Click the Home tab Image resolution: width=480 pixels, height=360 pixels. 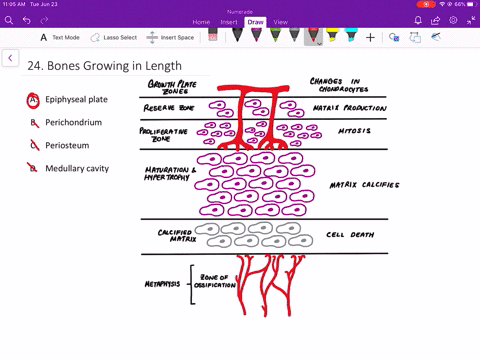click(x=201, y=21)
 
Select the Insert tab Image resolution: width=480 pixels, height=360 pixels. click(x=228, y=21)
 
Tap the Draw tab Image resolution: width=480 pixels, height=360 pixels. click(x=255, y=21)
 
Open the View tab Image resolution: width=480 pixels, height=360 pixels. click(x=281, y=21)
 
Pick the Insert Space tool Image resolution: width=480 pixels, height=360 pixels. click(x=172, y=38)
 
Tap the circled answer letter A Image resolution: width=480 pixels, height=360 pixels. click(x=34, y=100)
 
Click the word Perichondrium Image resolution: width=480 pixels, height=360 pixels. click(x=73, y=123)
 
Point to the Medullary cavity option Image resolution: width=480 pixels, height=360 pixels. click(x=77, y=169)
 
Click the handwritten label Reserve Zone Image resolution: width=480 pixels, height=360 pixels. click(x=168, y=106)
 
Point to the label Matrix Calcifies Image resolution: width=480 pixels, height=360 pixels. click(x=364, y=185)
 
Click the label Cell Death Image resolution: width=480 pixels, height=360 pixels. click(x=349, y=235)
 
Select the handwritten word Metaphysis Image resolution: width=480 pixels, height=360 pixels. click(x=160, y=283)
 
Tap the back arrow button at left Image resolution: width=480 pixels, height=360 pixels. click(x=10, y=59)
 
